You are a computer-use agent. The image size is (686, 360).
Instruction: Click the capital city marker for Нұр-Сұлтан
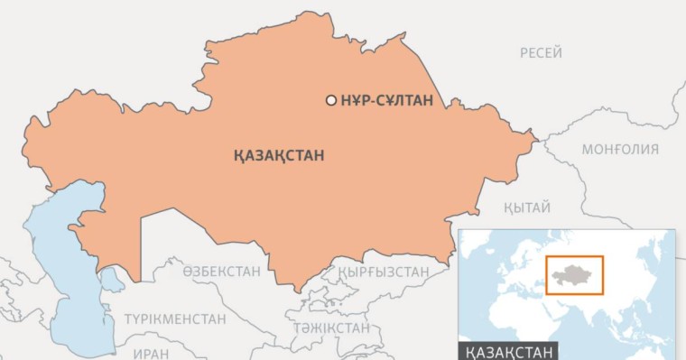click(x=331, y=100)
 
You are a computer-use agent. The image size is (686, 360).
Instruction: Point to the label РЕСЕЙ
click(x=541, y=53)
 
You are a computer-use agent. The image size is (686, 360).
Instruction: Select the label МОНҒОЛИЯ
click(x=620, y=149)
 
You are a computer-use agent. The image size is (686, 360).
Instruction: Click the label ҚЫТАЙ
click(x=528, y=208)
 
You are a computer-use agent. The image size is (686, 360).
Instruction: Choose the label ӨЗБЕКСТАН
click(x=222, y=271)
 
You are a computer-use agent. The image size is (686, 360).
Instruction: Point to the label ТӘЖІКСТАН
click(x=330, y=327)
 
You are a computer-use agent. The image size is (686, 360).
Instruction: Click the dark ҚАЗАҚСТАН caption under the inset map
click(x=508, y=350)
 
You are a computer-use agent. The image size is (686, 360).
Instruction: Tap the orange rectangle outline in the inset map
click(x=574, y=257)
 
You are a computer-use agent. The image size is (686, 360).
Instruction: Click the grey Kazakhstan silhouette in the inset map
click(x=573, y=273)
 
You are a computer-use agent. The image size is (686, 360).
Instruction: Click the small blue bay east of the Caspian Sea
click(x=113, y=281)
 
